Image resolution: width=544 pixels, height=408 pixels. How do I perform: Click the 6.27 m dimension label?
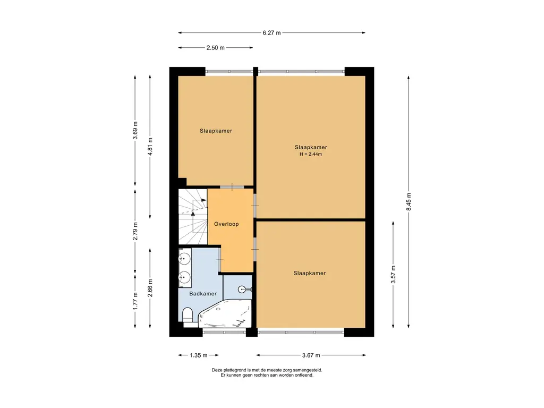tap(271, 33)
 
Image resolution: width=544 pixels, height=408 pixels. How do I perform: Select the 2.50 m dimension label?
tap(216, 48)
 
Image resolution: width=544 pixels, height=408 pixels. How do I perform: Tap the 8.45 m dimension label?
tap(409, 201)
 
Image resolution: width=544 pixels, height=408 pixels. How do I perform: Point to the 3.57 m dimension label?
tap(394, 275)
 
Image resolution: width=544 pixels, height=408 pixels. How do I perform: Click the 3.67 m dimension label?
tap(311, 355)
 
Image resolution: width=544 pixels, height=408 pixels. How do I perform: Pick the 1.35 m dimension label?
tap(199, 355)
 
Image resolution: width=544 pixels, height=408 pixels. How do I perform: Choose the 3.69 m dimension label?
tap(135, 131)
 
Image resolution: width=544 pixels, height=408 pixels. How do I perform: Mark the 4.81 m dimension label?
tap(150, 147)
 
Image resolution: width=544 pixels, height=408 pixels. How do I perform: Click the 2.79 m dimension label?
tap(135, 231)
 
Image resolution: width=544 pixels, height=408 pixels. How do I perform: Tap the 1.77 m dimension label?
tap(135, 301)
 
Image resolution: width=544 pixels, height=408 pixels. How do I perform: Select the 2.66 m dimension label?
tap(150, 288)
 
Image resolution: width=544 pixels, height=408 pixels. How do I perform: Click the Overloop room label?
tap(226, 224)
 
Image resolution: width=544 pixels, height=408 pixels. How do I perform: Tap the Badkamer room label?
tap(203, 293)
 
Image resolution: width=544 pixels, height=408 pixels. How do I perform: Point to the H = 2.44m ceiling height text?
tap(311, 155)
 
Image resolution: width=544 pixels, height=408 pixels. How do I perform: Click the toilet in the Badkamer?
tap(188, 316)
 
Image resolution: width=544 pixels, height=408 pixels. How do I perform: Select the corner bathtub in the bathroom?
tap(225, 313)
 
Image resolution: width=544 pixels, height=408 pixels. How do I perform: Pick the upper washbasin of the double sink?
tap(184, 259)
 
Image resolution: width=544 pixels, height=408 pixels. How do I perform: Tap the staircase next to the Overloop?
tap(193, 217)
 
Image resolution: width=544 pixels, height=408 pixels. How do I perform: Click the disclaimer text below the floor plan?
tap(267, 372)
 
